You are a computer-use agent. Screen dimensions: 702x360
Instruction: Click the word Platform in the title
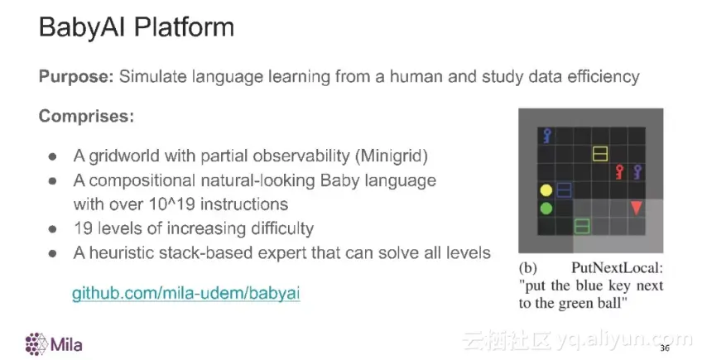point(184,26)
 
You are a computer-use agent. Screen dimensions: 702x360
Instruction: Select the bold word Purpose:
point(76,77)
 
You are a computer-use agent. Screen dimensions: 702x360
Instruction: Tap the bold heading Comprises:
point(86,117)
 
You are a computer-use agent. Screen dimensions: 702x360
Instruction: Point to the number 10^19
point(172,204)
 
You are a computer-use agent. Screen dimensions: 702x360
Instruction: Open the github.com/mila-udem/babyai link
point(185,293)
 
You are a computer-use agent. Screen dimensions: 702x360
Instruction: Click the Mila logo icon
point(36,344)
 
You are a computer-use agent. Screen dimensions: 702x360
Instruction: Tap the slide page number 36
point(665,348)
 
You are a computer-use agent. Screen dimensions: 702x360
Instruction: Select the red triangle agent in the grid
point(636,208)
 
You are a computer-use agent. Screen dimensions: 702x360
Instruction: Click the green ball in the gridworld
point(546,209)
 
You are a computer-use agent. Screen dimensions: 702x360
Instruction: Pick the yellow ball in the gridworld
point(546,190)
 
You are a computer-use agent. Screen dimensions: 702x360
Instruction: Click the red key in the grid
point(619,172)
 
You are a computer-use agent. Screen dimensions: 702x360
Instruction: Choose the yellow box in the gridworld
point(600,154)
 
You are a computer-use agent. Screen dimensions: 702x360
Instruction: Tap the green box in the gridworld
point(582,226)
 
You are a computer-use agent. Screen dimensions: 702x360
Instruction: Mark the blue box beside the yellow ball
point(564,190)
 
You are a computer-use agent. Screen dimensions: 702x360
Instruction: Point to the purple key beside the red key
point(637,172)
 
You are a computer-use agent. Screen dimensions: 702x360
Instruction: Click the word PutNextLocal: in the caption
point(617,269)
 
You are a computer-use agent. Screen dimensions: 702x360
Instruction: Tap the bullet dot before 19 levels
point(52,229)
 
